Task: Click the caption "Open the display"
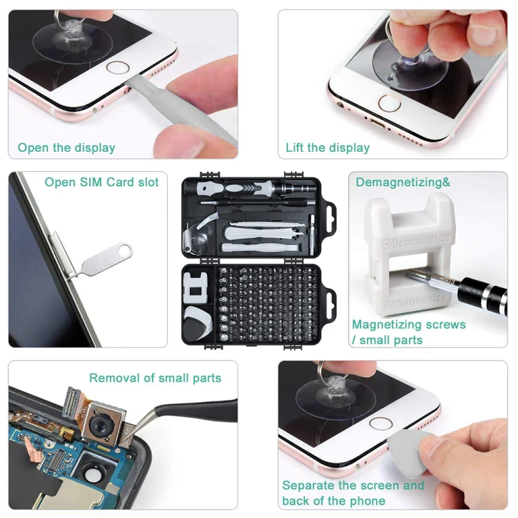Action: coord(66,148)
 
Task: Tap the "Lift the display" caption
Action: coord(327,148)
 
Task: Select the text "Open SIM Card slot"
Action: coord(102,182)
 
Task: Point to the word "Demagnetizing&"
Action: coord(403,182)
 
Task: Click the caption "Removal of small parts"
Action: coord(155,378)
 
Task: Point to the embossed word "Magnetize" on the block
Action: coord(414,301)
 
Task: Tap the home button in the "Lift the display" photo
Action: coord(390,103)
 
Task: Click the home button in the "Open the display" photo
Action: coord(117,68)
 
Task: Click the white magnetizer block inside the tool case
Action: coord(195,287)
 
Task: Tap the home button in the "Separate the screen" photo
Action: coord(381,423)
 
